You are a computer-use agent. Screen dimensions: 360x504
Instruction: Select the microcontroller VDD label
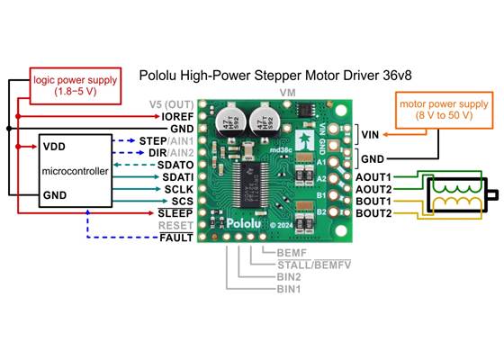coord(54,145)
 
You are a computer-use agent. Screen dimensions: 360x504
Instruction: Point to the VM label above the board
coord(288,92)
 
